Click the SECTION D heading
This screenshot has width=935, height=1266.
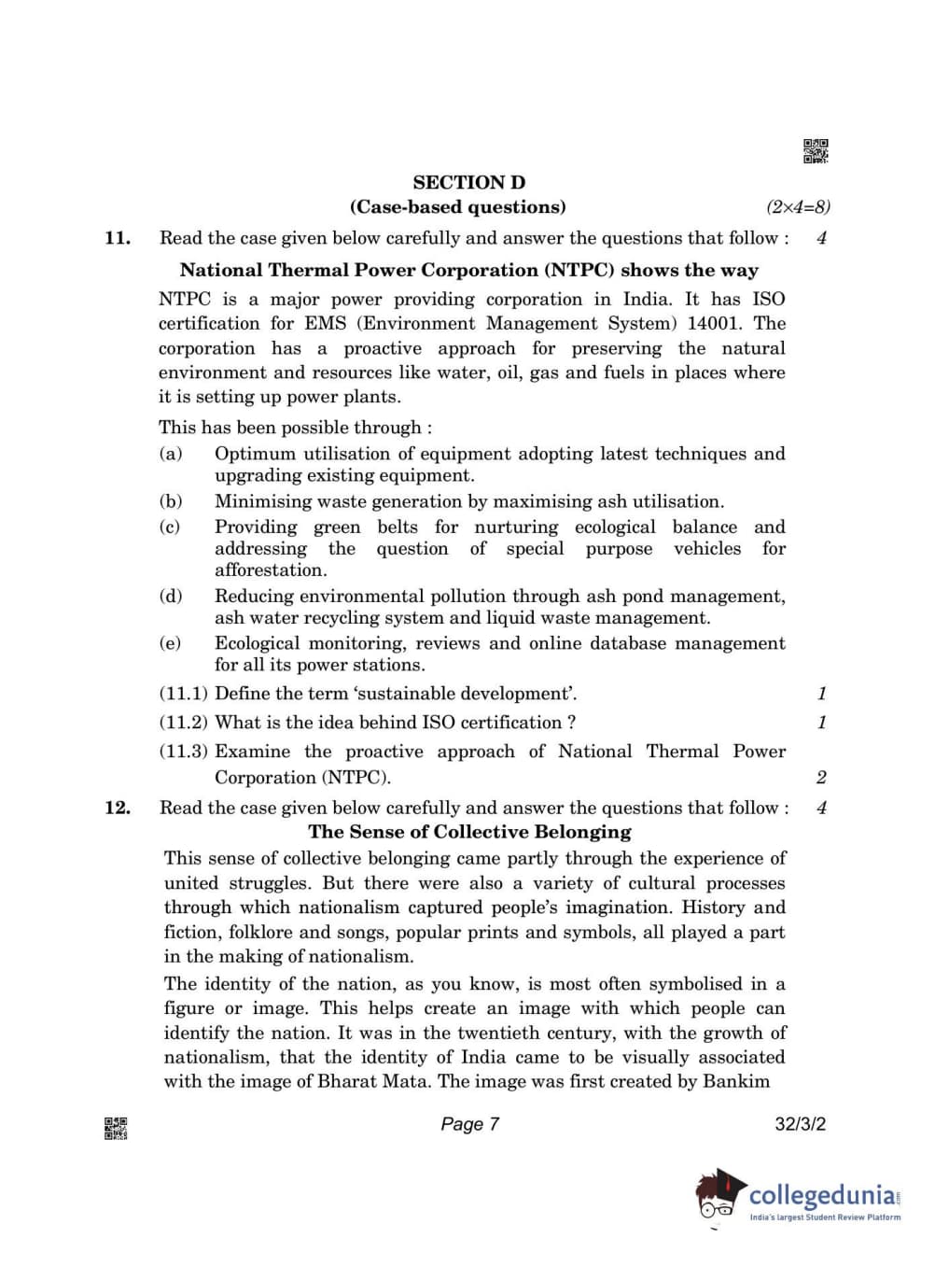pyautogui.click(x=468, y=183)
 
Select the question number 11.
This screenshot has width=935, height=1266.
pyautogui.click(x=118, y=238)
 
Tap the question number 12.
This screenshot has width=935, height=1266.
pyautogui.click(x=118, y=808)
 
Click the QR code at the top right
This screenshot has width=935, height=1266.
pyautogui.click(x=816, y=151)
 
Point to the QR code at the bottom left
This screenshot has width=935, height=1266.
pyautogui.click(x=116, y=1128)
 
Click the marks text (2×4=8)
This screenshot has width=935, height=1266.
pyautogui.click(x=798, y=207)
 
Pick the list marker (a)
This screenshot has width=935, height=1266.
pyautogui.click(x=171, y=454)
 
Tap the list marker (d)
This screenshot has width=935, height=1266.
pyautogui.click(x=171, y=597)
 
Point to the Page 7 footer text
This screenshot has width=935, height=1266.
pyautogui.click(x=469, y=1124)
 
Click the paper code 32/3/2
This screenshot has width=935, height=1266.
pyautogui.click(x=800, y=1124)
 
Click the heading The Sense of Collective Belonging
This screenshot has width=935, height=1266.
pyautogui.click(x=469, y=832)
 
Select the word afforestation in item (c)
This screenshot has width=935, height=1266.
pyautogui.click(x=271, y=570)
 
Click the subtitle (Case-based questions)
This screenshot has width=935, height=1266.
pyautogui.click(x=457, y=207)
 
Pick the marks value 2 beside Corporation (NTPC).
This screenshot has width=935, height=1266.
pyautogui.click(x=821, y=778)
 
